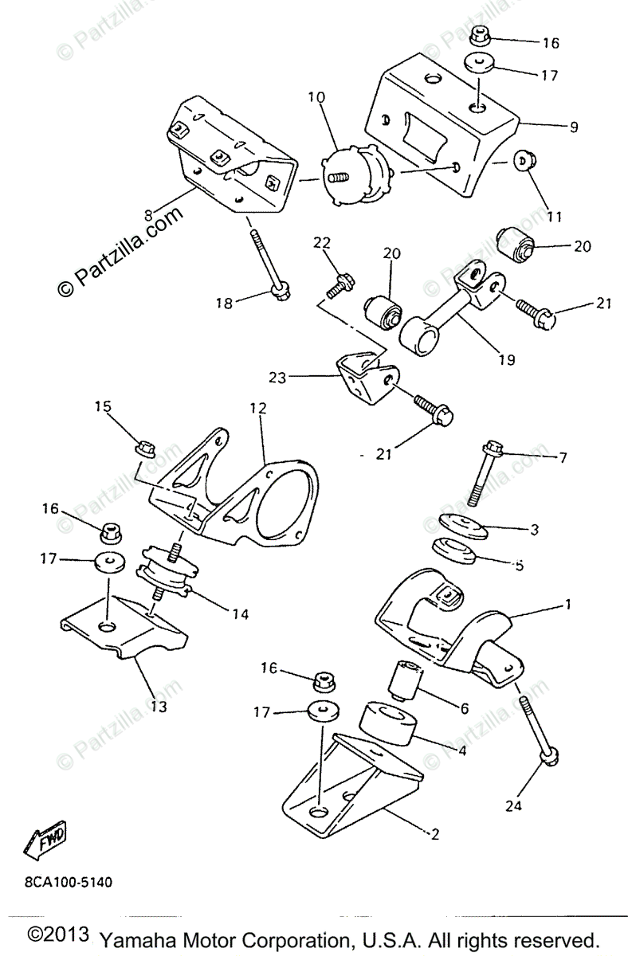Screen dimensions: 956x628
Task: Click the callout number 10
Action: (x=316, y=98)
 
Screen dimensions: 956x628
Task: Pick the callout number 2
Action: (x=434, y=835)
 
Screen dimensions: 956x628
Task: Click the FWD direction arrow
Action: (x=49, y=840)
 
